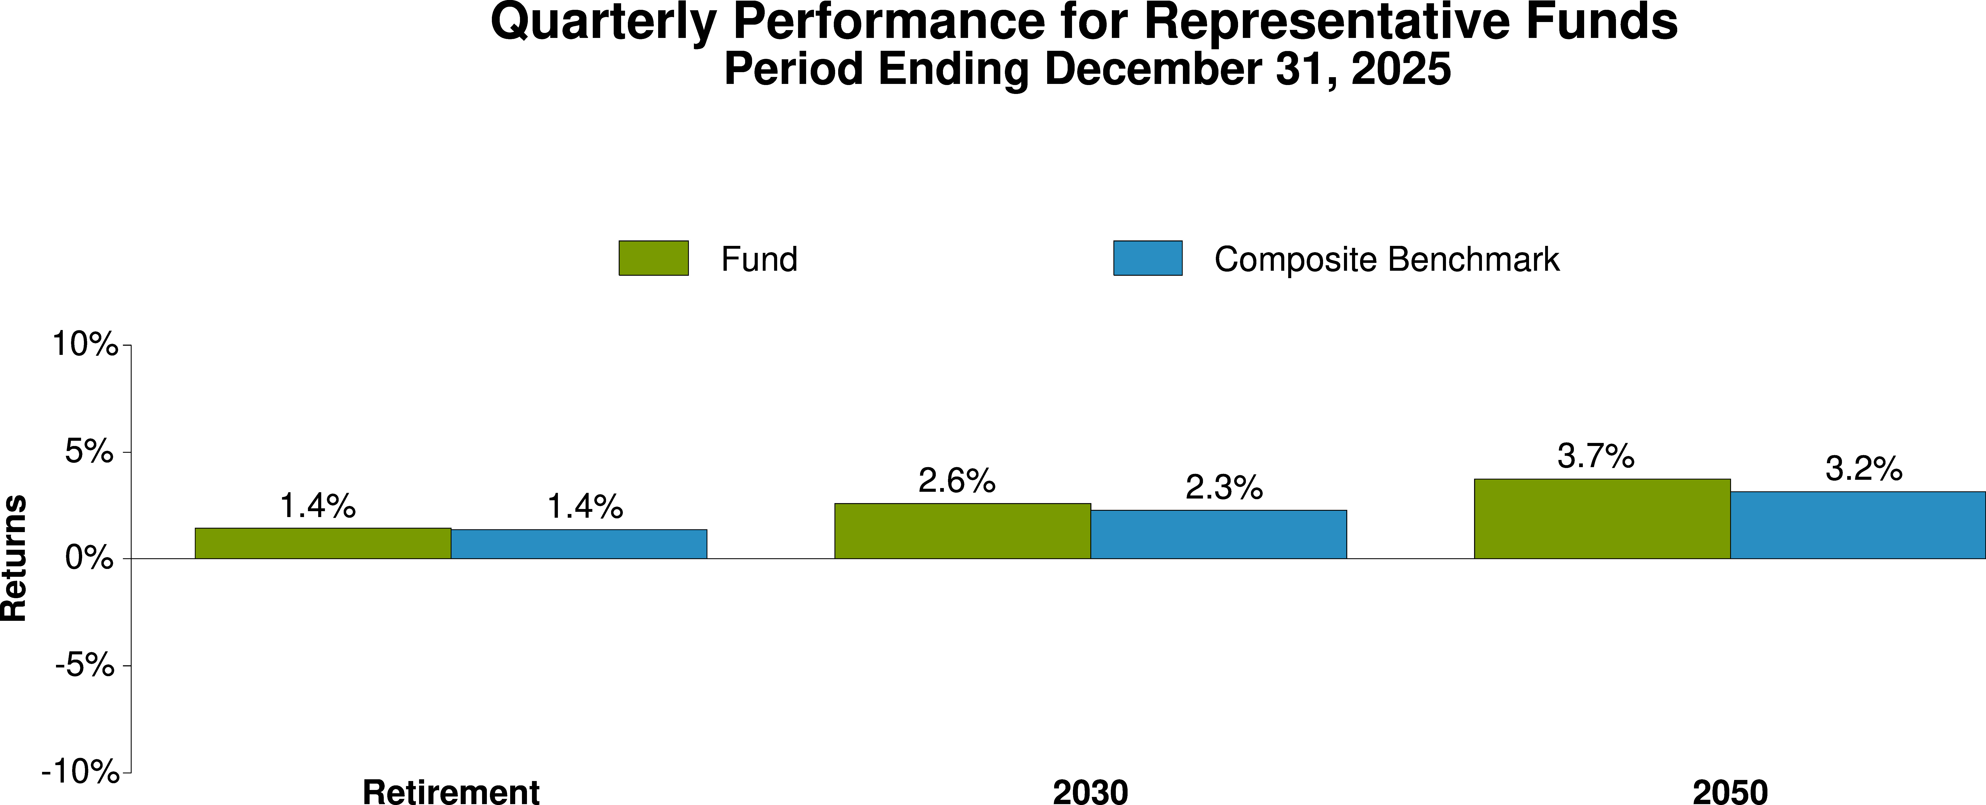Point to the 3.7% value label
coord(1595,456)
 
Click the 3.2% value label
coord(1864,469)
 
